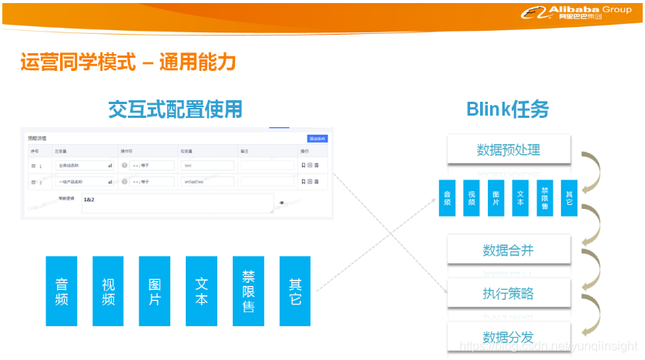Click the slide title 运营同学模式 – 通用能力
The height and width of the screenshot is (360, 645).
pos(128,62)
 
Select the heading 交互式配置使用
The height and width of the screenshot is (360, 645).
pos(175,109)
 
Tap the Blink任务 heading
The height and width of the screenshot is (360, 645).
pos(507,109)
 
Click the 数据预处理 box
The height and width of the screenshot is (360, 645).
pos(508,150)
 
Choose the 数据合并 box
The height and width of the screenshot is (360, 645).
pos(508,250)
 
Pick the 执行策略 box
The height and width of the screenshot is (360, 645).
pos(508,293)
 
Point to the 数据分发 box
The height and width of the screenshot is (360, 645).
pos(508,337)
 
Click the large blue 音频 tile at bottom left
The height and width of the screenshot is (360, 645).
pos(62,291)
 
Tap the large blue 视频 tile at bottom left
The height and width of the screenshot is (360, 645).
pos(108,291)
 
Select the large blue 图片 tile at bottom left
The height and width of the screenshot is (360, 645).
pos(155,291)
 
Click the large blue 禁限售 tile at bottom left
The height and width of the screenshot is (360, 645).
pos(248,291)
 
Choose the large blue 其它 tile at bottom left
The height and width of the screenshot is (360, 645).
pos(295,291)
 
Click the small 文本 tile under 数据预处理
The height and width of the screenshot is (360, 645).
pos(520,197)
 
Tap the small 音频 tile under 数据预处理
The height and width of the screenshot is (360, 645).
pos(447,197)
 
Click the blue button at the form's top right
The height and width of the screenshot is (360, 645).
pos(317,139)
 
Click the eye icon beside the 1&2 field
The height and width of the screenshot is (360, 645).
pos(281,203)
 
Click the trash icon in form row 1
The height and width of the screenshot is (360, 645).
pos(317,165)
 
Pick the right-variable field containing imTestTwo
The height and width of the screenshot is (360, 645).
pos(207,182)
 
